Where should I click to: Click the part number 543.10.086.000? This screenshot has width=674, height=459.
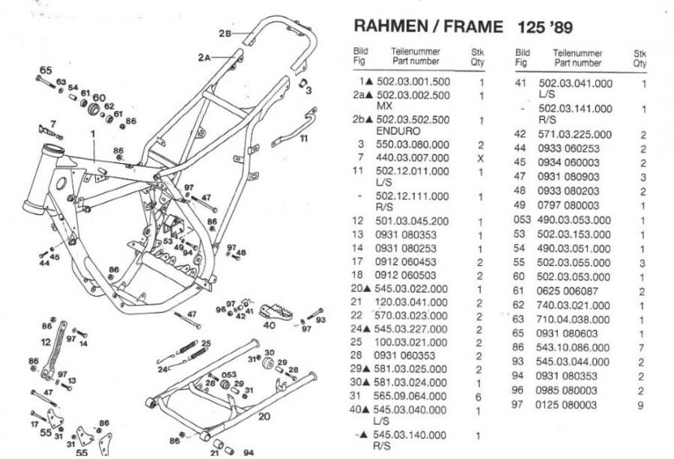574,347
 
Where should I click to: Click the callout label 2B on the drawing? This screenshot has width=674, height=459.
225,34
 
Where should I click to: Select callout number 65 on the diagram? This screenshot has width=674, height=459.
46,70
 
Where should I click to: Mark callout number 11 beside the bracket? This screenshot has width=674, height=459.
303,139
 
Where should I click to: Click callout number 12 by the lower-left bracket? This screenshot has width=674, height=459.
46,341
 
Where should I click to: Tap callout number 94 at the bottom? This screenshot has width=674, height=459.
247,452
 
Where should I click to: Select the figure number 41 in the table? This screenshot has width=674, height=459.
522,83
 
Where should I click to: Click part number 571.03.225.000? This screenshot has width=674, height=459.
574,134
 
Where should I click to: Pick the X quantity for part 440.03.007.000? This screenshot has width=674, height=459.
481,158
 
